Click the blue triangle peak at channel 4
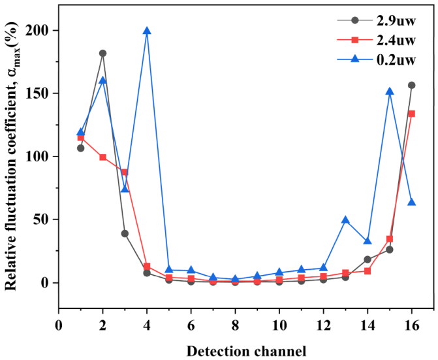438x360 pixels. tap(147, 31)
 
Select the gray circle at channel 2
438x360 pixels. tap(102, 54)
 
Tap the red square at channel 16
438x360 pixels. tap(411, 114)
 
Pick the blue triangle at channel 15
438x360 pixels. tap(390, 91)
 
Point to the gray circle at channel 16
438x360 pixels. tap(411, 85)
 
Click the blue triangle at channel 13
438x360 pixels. tap(345, 220)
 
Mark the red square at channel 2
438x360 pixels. tap(102, 157)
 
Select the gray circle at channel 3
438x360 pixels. tap(125, 233)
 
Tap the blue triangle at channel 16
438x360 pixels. tap(412, 203)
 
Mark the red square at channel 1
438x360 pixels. tap(80, 138)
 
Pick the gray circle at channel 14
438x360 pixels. tap(368, 259)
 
